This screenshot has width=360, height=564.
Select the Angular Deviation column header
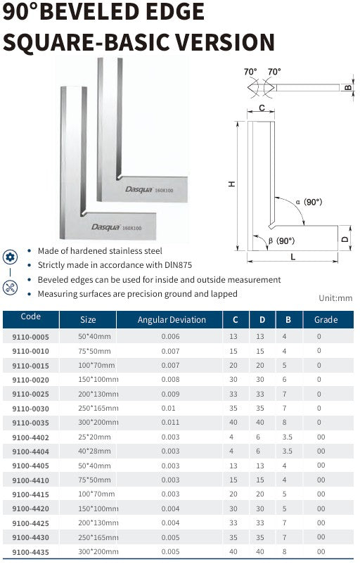coord(172,320)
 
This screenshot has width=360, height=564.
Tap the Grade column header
coord(326,320)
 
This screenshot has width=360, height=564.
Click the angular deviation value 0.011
coord(171,422)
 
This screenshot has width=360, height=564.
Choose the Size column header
coord(88,320)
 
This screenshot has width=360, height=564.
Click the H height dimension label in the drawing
coord(232,184)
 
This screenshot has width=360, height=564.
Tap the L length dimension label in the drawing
coord(292,257)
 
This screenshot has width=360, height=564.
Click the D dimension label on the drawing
coord(345,238)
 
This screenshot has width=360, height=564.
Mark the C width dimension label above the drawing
coord(262,108)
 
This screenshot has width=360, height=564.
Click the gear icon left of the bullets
coord(10,257)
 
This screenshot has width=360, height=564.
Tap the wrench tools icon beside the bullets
coord(10,286)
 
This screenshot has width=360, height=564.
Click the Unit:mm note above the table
coord(335,298)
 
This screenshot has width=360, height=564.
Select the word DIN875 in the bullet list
coord(179,265)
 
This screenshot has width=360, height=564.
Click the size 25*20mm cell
coord(94,437)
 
